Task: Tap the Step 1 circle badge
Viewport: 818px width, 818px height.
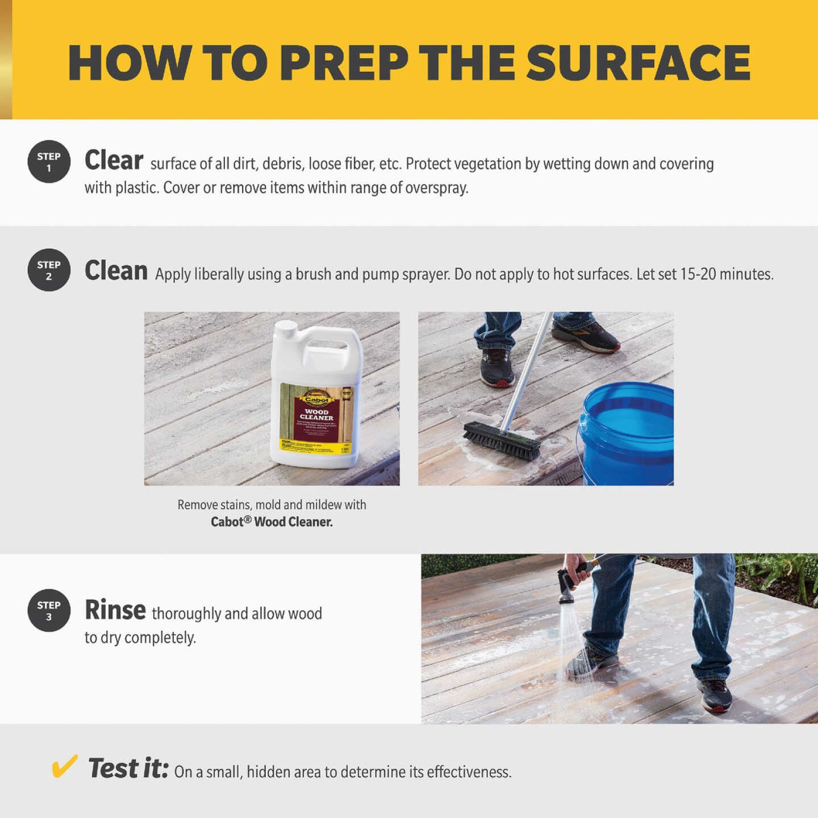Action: point(49,162)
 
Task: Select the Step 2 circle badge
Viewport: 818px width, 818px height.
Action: point(49,270)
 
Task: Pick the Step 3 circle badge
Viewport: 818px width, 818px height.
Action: point(49,611)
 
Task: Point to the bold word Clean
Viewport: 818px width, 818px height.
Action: point(116,270)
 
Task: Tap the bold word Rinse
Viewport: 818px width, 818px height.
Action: point(115,610)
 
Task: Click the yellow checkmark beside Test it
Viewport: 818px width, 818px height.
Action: point(64,766)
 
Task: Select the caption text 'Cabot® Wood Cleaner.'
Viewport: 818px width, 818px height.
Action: point(272,521)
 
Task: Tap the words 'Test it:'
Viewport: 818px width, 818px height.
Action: point(128,769)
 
